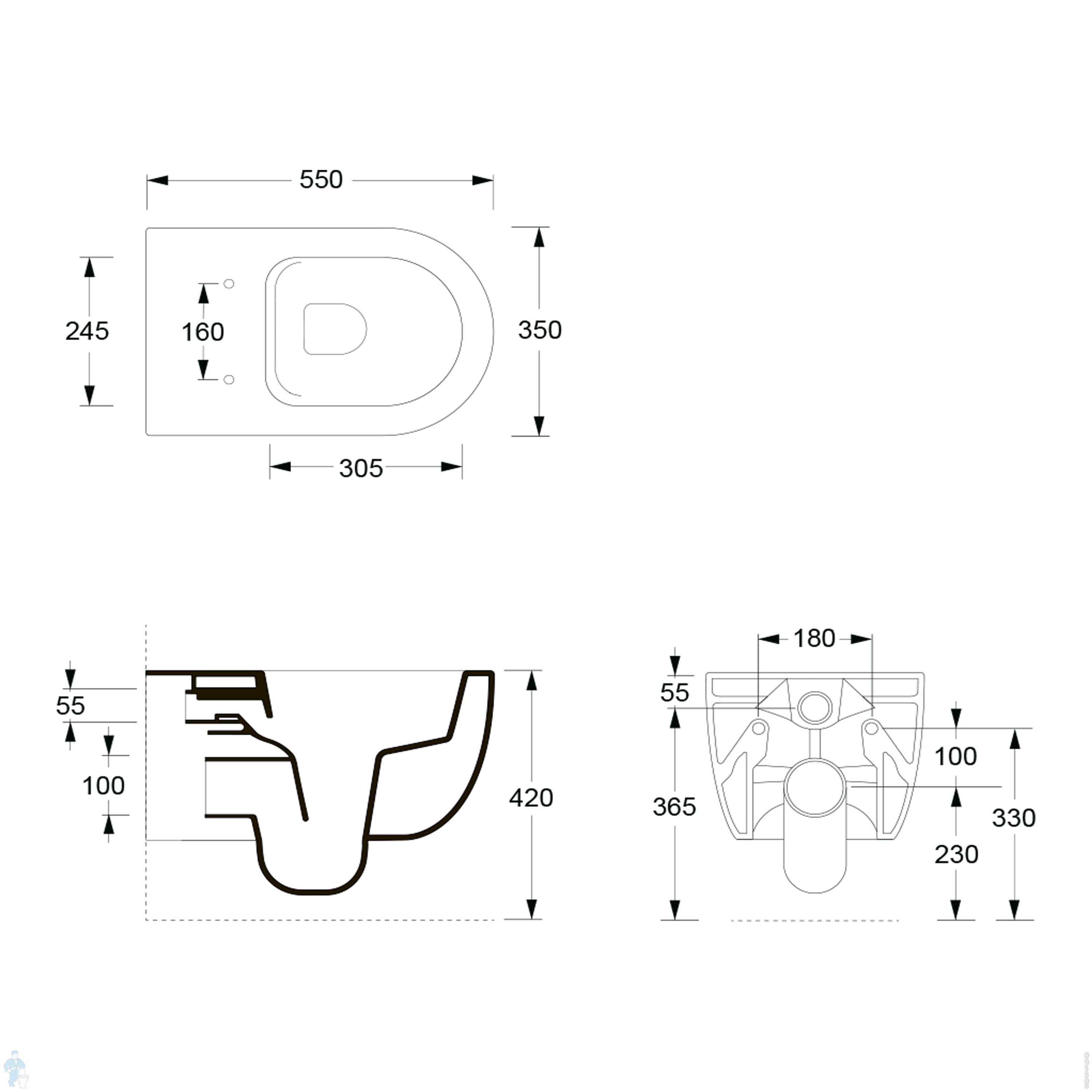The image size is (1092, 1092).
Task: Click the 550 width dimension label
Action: point(321,180)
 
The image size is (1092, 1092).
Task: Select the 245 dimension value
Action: point(87,331)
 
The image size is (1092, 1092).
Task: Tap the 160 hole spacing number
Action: point(203,332)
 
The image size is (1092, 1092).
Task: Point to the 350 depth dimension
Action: point(540,330)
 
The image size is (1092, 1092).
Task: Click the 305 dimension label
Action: point(361,468)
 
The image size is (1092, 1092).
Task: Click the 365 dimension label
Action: point(674,807)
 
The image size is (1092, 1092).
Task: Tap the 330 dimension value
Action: point(1014,818)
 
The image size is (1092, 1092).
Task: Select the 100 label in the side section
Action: point(103,785)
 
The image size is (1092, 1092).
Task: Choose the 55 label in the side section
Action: point(71,705)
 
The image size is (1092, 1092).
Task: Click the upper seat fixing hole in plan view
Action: point(229,284)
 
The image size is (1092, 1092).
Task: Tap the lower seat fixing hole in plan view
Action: point(229,379)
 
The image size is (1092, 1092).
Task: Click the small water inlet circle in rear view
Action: point(815,707)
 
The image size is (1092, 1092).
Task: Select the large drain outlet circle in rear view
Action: point(815,788)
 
